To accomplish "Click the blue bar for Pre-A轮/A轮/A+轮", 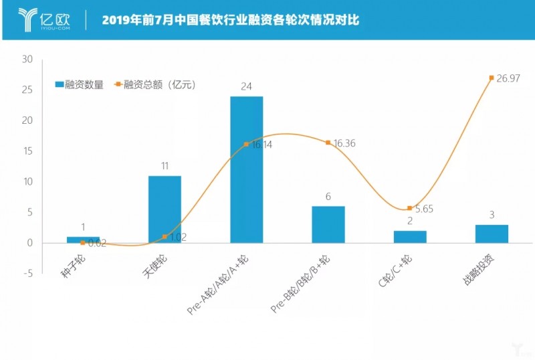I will coord(246,169).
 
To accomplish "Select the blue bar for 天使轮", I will coord(165,209).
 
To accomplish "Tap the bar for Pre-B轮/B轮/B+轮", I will coord(328,224).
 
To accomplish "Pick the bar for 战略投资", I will coord(492,234).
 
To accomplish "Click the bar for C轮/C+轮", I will coord(410,236).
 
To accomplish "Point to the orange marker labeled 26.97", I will coord(492,78).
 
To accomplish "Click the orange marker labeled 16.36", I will coord(328,143).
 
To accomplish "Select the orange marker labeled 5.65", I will coord(409,208).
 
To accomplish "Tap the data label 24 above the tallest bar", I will coord(246,86).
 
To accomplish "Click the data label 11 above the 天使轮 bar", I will coord(165,165).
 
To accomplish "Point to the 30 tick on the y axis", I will coord(27,60).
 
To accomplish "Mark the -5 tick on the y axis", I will coord(27,274).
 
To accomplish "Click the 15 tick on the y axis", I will coord(27,151).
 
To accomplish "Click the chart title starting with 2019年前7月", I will coord(231,20).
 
